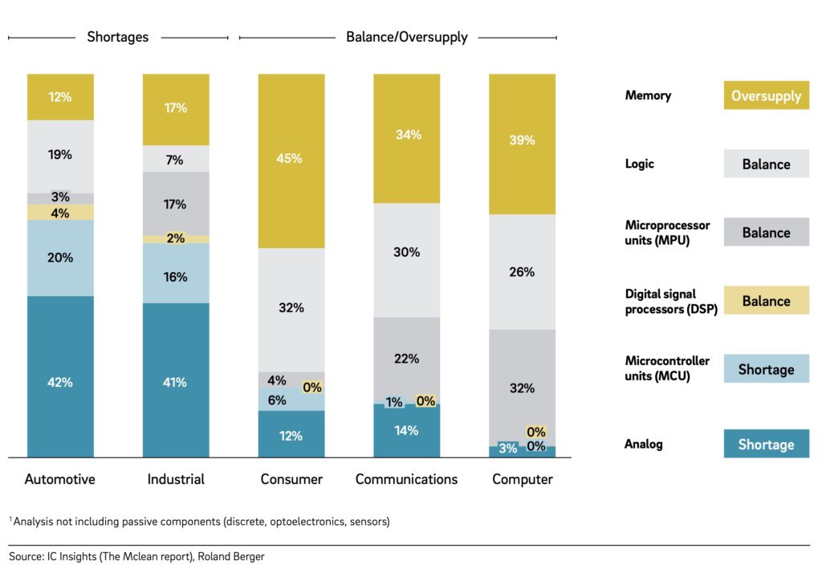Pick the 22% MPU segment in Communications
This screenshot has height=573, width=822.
click(x=407, y=360)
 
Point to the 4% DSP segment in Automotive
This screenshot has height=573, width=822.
click(x=60, y=213)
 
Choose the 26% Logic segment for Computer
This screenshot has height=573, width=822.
click(x=522, y=272)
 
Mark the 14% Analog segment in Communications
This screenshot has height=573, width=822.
click(x=407, y=431)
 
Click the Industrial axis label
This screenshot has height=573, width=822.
click(x=176, y=479)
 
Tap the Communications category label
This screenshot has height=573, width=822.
click(x=406, y=479)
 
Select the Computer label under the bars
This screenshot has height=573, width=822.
click(x=523, y=479)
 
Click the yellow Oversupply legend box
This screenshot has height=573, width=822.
click(x=766, y=95)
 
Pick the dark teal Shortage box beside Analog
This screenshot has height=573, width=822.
click(x=766, y=444)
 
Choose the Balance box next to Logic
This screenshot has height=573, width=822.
click(x=766, y=164)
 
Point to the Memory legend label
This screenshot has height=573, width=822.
click(x=648, y=95)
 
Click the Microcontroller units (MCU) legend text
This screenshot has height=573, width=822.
click(x=667, y=368)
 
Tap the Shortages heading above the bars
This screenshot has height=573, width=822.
click(x=117, y=37)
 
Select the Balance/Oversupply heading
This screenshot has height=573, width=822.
click(x=406, y=37)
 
